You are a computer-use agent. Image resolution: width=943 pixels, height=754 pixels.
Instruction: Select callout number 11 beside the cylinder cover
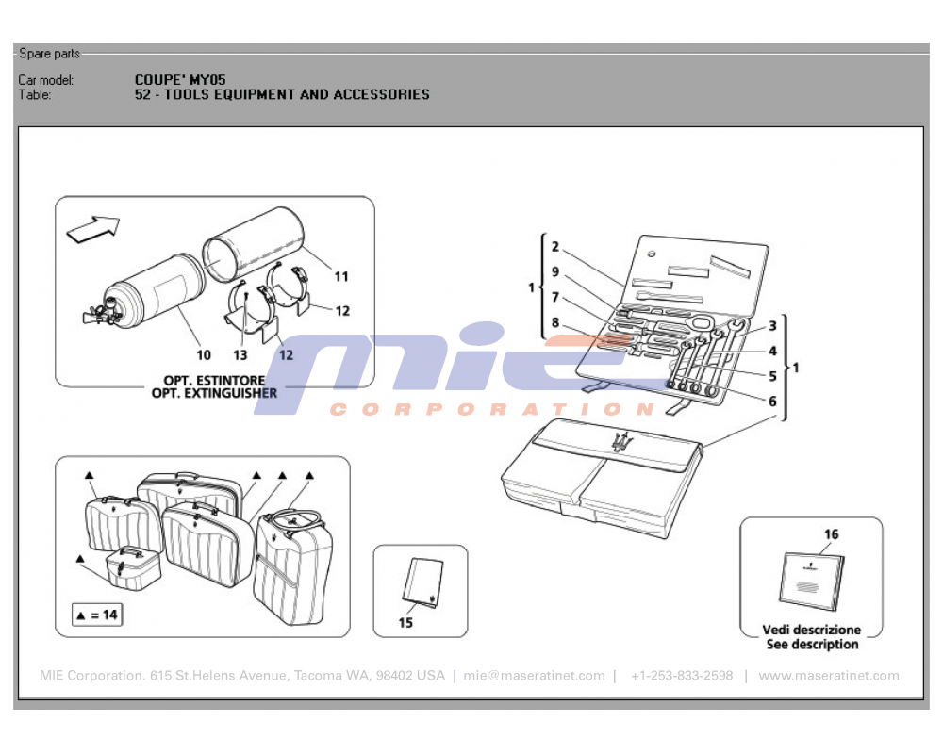(341, 277)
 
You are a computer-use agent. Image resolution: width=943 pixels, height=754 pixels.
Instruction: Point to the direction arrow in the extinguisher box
(94, 228)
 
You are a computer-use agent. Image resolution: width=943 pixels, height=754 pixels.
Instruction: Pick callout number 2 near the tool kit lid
(555, 248)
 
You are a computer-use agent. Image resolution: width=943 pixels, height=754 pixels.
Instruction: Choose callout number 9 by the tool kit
(555, 272)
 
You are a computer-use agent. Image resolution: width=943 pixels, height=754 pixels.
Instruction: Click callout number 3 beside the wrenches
(772, 326)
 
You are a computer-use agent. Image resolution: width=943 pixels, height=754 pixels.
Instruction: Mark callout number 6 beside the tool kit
(772, 401)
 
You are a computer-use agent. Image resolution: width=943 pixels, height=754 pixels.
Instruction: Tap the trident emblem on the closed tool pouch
(620, 442)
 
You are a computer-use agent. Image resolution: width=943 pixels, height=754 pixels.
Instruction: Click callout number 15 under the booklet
(405, 622)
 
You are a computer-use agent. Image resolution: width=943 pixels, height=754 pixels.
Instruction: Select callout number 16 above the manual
(831, 534)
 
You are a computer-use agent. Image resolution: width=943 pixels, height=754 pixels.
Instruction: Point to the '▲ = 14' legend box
(97, 615)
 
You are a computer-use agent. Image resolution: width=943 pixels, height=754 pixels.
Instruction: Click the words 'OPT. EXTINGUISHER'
(214, 393)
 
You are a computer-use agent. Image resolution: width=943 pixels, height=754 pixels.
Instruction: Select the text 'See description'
(812, 645)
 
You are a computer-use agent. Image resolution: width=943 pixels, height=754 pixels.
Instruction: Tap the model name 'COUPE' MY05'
(180, 80)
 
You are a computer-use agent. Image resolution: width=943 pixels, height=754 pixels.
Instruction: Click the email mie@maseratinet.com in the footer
(534, 676)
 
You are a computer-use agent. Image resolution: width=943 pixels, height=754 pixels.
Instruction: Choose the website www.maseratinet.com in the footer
(829, 676)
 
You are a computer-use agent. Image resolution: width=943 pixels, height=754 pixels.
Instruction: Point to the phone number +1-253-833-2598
(682, 676)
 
